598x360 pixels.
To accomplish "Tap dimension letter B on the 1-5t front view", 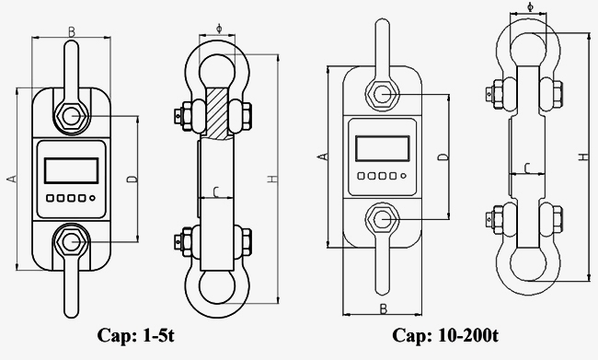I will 72,33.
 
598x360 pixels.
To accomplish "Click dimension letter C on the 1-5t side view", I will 215,192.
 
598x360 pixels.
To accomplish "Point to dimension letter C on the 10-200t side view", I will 526,167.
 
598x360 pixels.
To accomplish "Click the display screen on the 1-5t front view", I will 70,170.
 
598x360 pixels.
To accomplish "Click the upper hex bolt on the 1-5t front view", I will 71,116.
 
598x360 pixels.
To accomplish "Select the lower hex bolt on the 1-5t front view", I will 71,241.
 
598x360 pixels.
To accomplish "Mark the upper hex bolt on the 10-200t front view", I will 381,95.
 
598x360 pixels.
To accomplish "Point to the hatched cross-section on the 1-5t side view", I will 218,112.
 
